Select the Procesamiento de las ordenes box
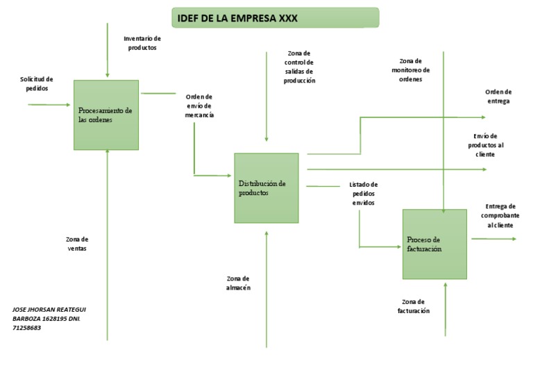(x=106, y=115)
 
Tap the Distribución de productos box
(x=266, y=188)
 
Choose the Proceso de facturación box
(x=434, y=244)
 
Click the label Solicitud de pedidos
(x=36, y=84)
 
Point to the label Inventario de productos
(x=142, y=43)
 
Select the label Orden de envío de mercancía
(x=199, y=106)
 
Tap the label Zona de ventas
(x=77, y=244)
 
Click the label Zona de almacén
(x=238, y=283)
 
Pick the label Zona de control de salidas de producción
(x=299, y=67)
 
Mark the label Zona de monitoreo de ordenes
(x=415, y=69)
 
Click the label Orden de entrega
(x=498, y=97)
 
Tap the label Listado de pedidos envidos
(x=364, y=194)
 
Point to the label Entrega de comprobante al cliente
(x=500, y=216)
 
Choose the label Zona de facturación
(x=414, y=306)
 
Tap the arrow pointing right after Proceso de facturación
(x=493, y=239)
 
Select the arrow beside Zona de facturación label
(x=445, y=309)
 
